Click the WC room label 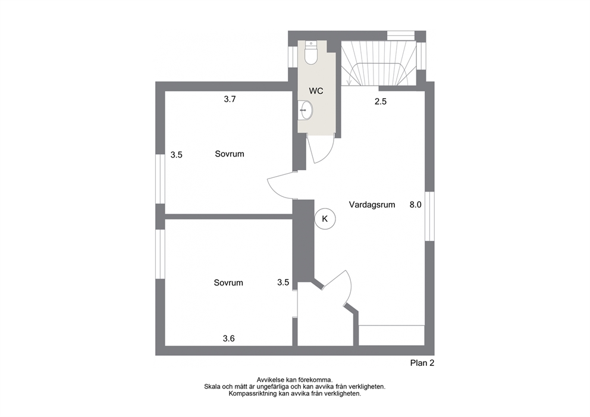pyautogui.click(x=316, y=91)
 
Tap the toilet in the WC pyautogui.click(x=311, y=53)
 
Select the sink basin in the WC pyautogui.click(x=306, y=110)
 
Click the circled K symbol pyautogui.click(x=325, y=219)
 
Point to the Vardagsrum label pyautogui.click(x=372, y=205)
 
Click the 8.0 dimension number pyautogui.click(x=415, y=205)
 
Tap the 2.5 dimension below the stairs pyautogui.click(x=381, y=102)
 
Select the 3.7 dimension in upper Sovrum pyautogui.click(x=230, y=99)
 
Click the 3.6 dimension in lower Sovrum pyautogui.click(x=229, y=338)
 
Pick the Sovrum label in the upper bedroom pyautogui.click(x=230, y=154)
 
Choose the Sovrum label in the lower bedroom pyautogui.click(x=228, y=283)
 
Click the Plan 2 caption pyautogui.click(x=422, y=363)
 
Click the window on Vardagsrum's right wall pyautogui.click(x=429, y=217)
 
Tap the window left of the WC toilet pyautogui.click(x=293, y=57)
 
